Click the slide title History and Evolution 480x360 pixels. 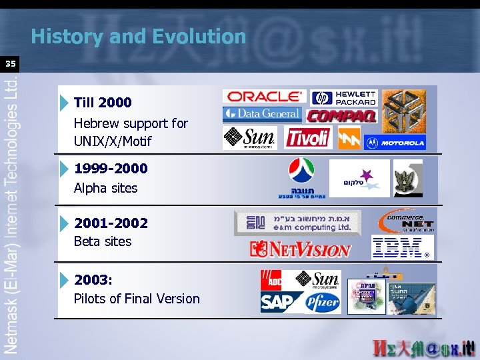coord(138,36)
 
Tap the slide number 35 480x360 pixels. coord(10,64)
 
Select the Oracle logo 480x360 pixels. coord(263,97)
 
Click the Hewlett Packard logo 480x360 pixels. coord(344,97)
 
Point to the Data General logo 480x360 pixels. coord(262,115)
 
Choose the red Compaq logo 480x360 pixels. coord(341,116)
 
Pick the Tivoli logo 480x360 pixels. coord(307,137)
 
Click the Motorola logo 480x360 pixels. coord(394,142)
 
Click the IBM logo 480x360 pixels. coord(399,247)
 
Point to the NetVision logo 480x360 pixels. coord(300,249)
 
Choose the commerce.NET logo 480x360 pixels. coord(406,220)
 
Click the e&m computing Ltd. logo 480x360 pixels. coord(297,223)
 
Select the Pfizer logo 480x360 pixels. coord(322,302)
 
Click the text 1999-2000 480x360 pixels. coord(111,169)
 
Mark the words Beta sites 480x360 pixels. coord(103,241)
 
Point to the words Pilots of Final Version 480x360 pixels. coord(137,299)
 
